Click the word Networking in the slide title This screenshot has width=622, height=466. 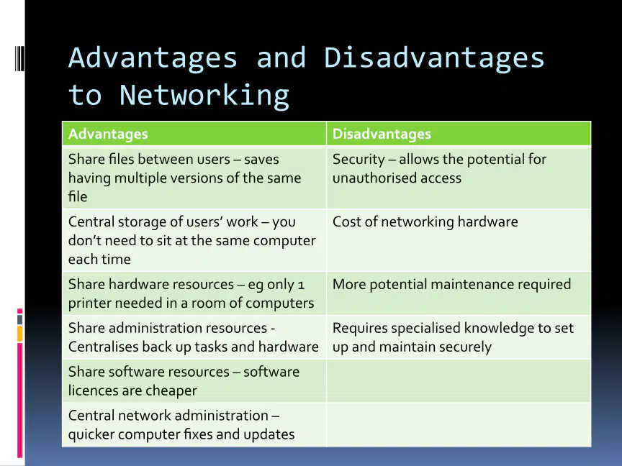point(204,95)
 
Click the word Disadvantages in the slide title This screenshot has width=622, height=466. point(434,58)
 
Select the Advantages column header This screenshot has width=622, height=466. point(194,134)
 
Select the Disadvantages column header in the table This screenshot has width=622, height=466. point(459,134)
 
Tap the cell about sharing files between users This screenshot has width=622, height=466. point(194,178)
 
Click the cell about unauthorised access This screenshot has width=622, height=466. point(459,178)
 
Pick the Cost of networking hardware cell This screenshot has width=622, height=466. point(459,240)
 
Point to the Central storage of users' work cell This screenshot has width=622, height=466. point(194,240)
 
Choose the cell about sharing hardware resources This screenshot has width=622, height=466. point(194,293)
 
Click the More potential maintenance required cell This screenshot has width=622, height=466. point(459,293)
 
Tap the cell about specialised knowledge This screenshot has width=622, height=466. point(459,337)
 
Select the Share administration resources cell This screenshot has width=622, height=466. point(194,337)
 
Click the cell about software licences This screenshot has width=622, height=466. point(194,381)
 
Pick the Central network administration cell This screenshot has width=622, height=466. point(194,425)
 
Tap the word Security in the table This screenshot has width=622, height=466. point(359,160)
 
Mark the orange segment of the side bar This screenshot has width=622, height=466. point(20,334)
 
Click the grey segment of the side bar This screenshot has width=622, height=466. point(20,320)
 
